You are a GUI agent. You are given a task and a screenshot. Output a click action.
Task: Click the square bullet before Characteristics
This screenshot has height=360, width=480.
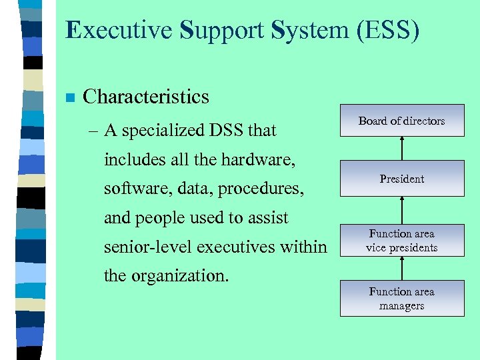69,98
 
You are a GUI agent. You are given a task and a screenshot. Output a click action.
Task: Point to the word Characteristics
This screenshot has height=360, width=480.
145,97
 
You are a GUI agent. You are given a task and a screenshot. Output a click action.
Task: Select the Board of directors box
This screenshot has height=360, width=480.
401,121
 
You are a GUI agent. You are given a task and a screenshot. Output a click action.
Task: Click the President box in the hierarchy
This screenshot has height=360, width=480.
401,179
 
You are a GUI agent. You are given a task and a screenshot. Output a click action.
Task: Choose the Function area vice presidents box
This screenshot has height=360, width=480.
401,241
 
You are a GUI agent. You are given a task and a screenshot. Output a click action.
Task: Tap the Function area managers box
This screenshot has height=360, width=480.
401,299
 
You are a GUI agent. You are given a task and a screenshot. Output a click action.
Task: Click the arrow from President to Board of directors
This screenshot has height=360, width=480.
401,149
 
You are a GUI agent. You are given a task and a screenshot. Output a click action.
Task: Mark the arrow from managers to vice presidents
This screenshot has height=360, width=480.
401,268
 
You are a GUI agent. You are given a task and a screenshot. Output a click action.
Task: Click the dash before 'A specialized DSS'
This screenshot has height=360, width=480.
93,131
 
